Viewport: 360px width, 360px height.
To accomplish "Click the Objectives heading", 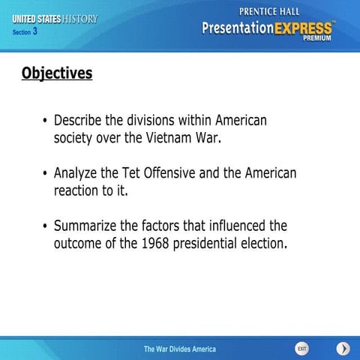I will (x=57, y=73).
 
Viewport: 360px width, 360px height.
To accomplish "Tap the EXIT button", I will (x=301, y=349).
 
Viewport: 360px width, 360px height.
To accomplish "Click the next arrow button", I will (x=343, y=349).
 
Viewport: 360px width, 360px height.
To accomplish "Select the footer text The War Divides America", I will (x=180, y=349).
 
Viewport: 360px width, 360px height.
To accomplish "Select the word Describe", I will (x=81, y=120).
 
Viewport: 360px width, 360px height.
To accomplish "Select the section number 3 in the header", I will (x=34, y=31).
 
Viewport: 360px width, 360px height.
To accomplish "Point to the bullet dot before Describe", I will (x=45, y=121).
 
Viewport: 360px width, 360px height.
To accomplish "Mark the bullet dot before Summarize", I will (x=45, y=226).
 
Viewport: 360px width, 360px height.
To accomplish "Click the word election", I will (x=266, y=244).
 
